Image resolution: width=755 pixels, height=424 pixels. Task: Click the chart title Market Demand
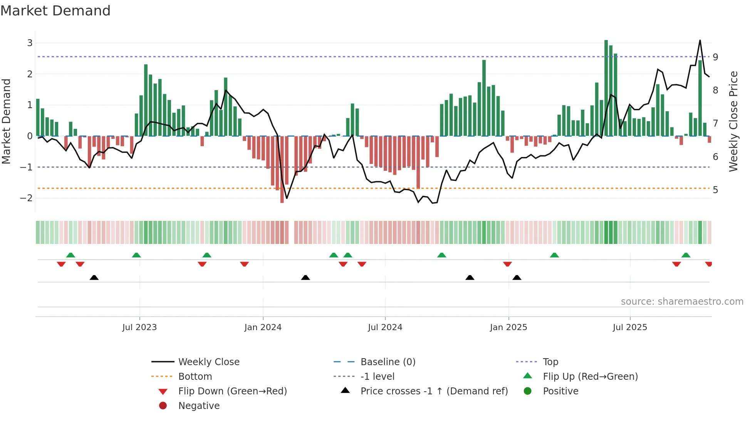(55, 11)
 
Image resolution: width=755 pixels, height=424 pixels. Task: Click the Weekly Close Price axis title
(733, 121)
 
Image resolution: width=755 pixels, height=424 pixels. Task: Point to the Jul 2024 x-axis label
(385, 327)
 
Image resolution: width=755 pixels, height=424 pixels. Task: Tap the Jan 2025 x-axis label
(508, 327)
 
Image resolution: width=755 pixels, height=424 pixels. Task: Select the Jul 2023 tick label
(139, 327)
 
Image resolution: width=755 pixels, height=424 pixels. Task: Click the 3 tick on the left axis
(30, 43)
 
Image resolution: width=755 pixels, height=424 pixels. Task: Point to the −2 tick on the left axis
(27, 198)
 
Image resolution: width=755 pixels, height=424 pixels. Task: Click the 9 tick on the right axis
(715, 57)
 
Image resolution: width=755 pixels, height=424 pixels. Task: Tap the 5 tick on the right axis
(715, 190)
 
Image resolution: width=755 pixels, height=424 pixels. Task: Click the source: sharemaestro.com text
(682, 302)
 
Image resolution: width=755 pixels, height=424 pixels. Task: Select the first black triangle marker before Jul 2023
(94, 277)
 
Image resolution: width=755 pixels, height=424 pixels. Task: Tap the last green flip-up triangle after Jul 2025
(686, 255)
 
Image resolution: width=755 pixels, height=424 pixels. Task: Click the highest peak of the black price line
(700, 40)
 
